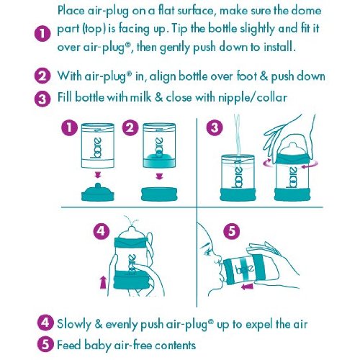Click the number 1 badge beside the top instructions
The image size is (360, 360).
[x=42, y=34]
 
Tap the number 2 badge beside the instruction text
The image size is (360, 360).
[x=42, y=76]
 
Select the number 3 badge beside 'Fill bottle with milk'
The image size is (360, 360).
[x=42, y=99]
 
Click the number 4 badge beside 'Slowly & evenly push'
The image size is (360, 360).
[x=45, y=323]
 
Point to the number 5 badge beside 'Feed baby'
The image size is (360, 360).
[x=45, y=345]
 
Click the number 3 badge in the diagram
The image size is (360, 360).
[x=215, y=127]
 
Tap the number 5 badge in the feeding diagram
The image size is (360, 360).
[x=231, y=232]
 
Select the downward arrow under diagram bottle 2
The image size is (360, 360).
[x=159, y=176]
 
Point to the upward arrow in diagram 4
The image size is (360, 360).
[x=103, y=282]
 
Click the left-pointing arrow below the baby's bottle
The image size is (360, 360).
[x=247, y=287]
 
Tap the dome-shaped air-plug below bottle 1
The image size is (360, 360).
[x=98, y=192]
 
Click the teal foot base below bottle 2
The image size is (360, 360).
[x=159, y=194]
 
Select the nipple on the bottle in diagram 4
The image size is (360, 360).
[x=132, y=231]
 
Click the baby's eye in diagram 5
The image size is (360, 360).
[x=207, y=252]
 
